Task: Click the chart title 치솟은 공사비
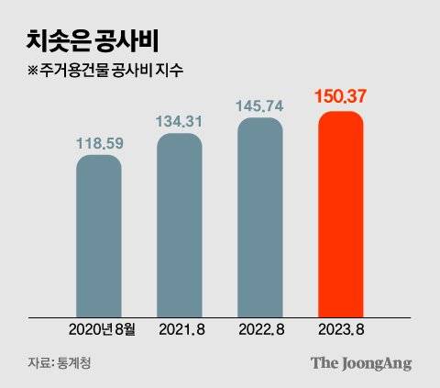pos(90,40)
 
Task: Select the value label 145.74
pos(259,106)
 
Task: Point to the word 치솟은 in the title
pos(56,40)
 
